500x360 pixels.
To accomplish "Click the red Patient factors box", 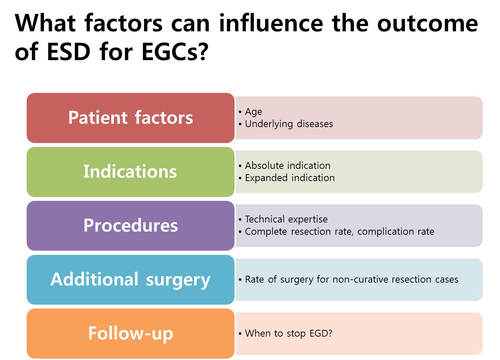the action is pyautogui.click(x=130, y=118).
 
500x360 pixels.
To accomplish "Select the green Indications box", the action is pyautogui.click(x=130, y=172).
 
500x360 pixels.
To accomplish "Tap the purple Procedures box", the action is pyautogui.click(x=130, y=225).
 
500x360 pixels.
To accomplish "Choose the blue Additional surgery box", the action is pyautogui.click(x=130, y=279).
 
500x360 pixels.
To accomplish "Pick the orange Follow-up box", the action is pyautogui.click(x=130, y=333).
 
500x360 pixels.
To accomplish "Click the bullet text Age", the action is pyautogui.click(x=253, y=112).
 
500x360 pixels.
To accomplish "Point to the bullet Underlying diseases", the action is pyautogui.click(x=289, y=124).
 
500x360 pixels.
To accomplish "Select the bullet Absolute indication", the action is pyautogui.click(x=287, y=166).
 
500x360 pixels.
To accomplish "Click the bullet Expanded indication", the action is pyautogui.click(x=290, y=178).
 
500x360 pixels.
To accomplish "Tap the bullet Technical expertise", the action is pyautogui.click(x=286, y=219).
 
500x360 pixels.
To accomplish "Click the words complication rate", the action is pyautogui.click(x=396, y=232).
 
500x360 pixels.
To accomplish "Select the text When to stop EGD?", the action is pyautogui.click(x=289, y=333).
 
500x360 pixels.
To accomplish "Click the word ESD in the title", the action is pyautogui.click(x=68, y=52).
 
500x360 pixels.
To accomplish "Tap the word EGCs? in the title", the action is pyautogui.click(x=175, y=52).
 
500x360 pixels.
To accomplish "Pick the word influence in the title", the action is pyautogui.click(x=271, y=23).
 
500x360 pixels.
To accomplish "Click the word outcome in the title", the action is pyautogui.click(x=428, y=23).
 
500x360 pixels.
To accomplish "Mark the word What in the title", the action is pyautogui.click(x=45, y=23).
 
